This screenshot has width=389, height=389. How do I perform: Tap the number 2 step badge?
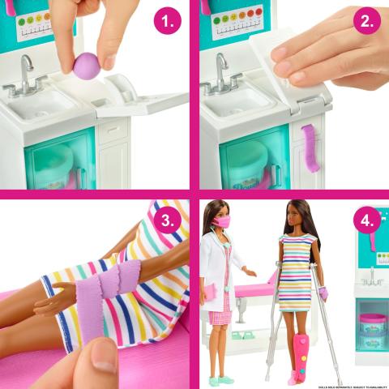(x=366, y=22)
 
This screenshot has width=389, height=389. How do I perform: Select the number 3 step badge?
(x=167, y=220)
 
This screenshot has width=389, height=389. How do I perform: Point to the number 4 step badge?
(x=366, y=220)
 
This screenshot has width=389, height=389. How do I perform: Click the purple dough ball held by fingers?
(x=87, y=66)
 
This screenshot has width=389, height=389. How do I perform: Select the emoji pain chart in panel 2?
(x=237, y=21)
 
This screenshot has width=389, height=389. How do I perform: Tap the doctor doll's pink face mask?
(x=222, y=220)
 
